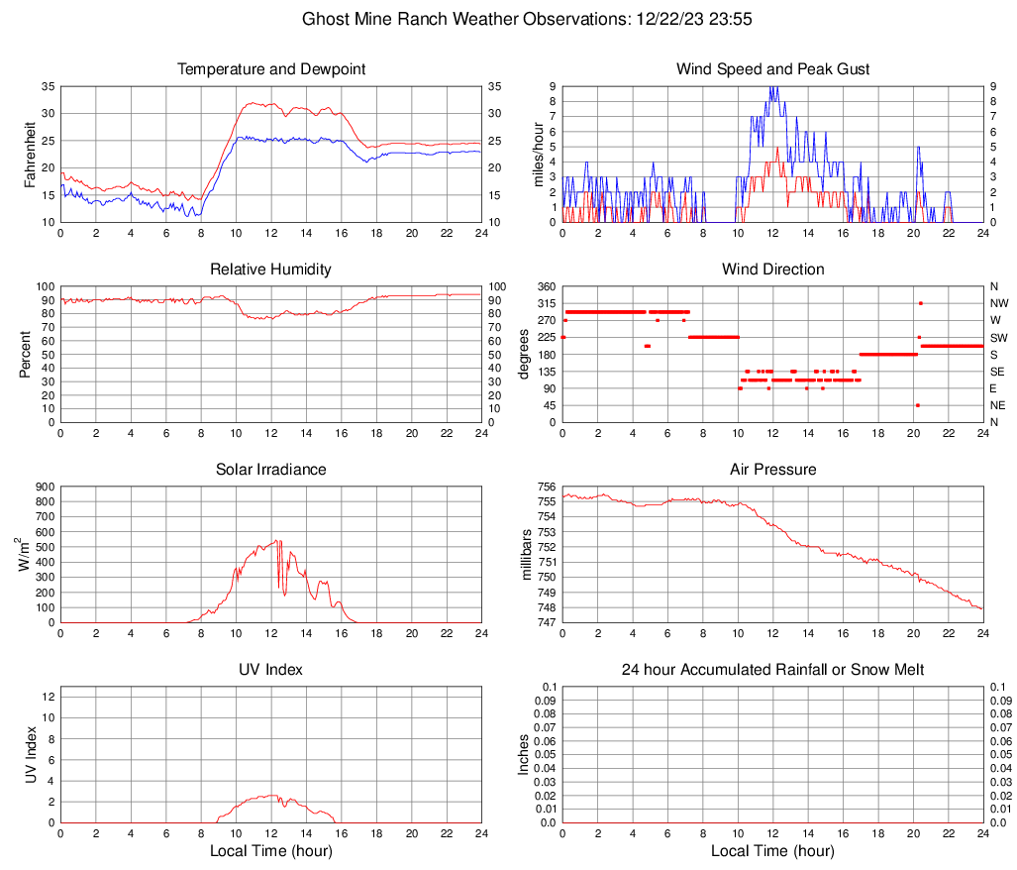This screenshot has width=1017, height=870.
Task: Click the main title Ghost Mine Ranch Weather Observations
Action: point(508,19)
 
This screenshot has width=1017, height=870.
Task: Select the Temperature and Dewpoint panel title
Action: point(270,69)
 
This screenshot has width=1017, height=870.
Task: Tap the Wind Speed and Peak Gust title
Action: point(772,69)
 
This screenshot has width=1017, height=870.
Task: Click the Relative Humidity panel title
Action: point(270,270)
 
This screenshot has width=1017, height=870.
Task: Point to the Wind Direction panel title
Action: point(772,270)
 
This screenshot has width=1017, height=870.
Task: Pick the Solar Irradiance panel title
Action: point(270,470)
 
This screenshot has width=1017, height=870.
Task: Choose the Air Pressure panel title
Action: point(772,470)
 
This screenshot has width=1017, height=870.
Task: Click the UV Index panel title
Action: point(270,670)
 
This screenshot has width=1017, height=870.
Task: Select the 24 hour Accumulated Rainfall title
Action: point(772,670)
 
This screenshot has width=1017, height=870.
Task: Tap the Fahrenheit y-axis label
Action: point(31,154)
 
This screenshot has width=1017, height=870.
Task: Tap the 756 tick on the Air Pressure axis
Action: point(546,487)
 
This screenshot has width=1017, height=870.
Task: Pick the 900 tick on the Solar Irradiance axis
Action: point(46,487)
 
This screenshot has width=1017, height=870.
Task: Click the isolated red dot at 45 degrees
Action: point(918,405)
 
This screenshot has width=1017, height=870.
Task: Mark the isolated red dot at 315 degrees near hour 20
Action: point(921,303)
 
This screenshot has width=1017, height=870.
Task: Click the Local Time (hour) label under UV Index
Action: point(270,851)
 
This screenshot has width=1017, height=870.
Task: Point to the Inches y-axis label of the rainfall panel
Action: point(526,754)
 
